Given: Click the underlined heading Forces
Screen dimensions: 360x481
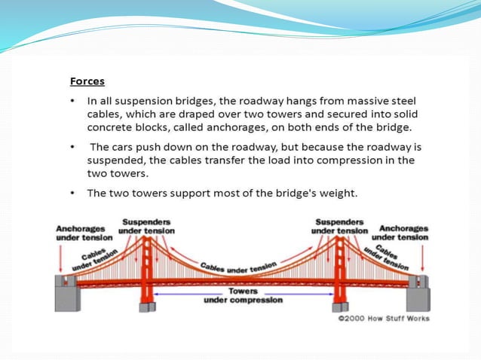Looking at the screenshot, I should click(x=87, y=81).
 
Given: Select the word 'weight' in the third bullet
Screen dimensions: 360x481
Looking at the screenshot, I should click(x=336, y=193).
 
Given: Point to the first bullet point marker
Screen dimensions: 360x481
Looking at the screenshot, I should click(x=72, y=100).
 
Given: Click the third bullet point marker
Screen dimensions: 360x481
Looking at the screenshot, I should click(x=72, y=193).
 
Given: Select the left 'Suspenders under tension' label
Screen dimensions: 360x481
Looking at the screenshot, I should click(x=147, y=226).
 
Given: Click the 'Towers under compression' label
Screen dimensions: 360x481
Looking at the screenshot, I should click(x=243, y=295).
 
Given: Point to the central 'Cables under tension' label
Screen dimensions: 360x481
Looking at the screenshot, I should click(x=238, y=266).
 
